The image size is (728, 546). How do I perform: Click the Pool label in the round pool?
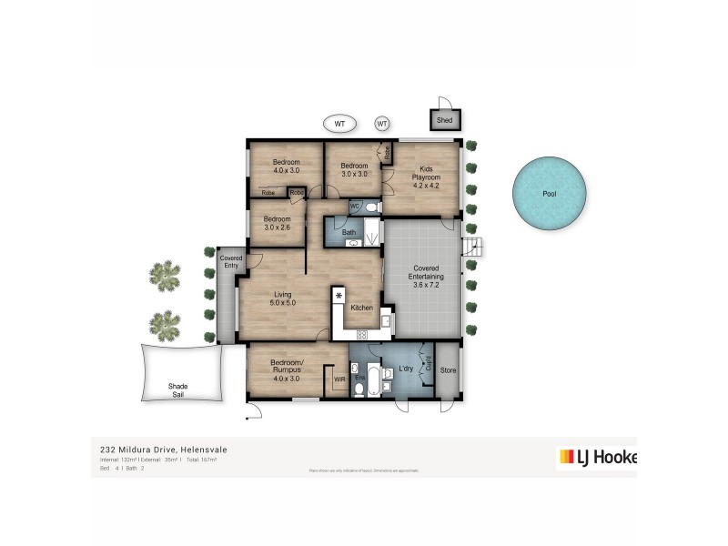coord(549,194)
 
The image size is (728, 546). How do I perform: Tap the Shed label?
coord(444,120)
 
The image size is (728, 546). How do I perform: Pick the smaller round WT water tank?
coord(381,123)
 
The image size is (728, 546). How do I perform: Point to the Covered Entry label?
coord(231,262)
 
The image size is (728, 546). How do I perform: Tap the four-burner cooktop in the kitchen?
coord(361,334)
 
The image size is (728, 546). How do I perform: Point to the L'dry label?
coord(407,369)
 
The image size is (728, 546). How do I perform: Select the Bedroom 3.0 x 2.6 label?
coord(277,224)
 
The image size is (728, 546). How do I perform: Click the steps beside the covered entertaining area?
coord(471,247)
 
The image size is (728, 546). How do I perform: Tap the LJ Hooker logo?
coord(596,457)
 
